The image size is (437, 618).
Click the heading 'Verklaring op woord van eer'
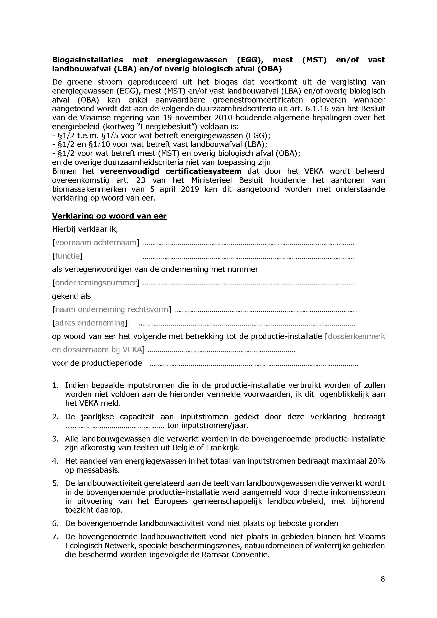pyautogui.click(x=109, y=216)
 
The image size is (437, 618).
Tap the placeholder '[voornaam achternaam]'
pyautogui.click(x=96, y=243)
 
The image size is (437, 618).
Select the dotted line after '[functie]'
pyautogui.click(x=248, y=257)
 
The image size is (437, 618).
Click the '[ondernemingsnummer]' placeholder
pyautogui.click(x=96, y=283)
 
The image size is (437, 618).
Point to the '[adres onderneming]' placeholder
pyautogui.click(x=90, y=323)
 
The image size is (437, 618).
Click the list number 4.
pyautogui.click(x=55, y=461)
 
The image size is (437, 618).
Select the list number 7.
pyautogui.click(x=55, y=537)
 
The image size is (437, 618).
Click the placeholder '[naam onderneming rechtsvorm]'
pyautogui.click(x=111, y=310)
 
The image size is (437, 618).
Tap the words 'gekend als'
pyautogui.click(x=71, y=296)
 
